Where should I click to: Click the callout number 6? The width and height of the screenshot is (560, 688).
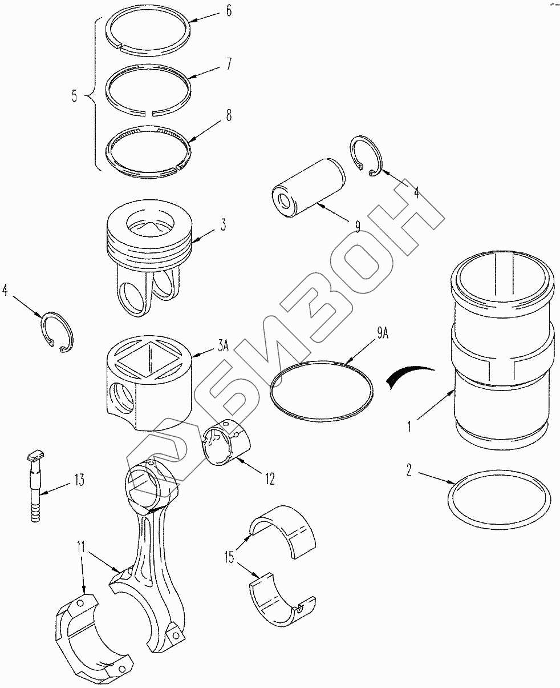tap(229, 11)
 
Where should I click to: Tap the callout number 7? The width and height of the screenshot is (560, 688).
tap(229, 63)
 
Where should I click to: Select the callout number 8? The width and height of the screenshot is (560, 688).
tap(229, 115)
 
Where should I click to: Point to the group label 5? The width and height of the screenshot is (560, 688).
tap(75, 96)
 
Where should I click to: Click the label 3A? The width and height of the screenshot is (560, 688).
tap(223, 346)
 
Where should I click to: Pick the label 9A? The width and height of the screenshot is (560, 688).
tap(383, 333)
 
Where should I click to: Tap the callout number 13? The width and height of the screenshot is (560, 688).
tap(79, 480)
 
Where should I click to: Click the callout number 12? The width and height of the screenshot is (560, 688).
tap(270, 478)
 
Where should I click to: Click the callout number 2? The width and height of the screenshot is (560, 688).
tap(409, 470)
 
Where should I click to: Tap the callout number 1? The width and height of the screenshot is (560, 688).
tap(409, 427)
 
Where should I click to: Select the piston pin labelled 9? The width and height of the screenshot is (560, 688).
tap(309, 187)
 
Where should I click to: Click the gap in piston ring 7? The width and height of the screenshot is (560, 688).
tap(148, 114)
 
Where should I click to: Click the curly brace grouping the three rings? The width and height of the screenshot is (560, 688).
tap(94, 96)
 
